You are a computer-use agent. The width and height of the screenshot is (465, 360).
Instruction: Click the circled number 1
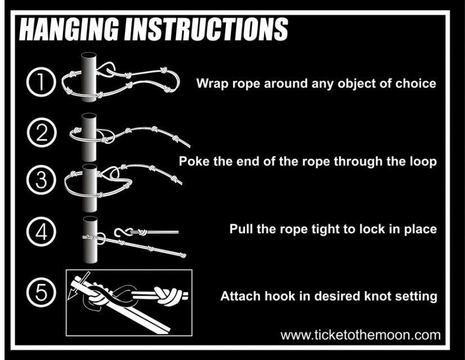(x=41, y=82)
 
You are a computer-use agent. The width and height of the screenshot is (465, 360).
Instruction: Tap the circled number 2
(x=42, y=132)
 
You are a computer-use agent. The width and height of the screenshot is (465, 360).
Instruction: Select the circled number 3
(x=41, y=180)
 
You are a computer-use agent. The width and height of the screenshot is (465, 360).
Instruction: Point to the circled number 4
(x=41, y=232)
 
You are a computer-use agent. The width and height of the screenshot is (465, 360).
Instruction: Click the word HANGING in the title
(x=69, y=29)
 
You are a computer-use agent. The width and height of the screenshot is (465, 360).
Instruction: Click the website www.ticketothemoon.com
(x=360, y=335)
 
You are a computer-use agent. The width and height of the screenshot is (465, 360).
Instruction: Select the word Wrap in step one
(x=212, y=84)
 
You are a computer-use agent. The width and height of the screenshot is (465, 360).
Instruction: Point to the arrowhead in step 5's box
(x=71, y=295)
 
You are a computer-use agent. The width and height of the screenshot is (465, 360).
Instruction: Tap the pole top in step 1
(x=89, y=56)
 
